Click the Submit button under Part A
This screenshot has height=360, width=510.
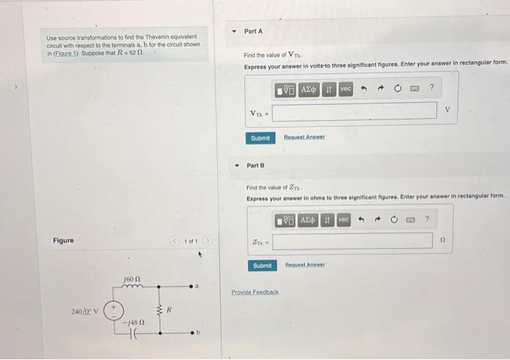point(260,138)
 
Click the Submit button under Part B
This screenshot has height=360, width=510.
point(261,266)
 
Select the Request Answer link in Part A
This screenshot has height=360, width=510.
point(304,138)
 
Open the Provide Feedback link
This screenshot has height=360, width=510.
point(255,292)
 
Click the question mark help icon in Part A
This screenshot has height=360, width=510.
point(431,88)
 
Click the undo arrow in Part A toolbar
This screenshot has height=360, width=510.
point(362,88)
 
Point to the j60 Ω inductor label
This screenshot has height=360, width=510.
point(131,278)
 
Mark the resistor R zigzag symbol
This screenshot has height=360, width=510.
point(160,310)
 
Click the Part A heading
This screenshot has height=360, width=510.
point(253,32)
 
